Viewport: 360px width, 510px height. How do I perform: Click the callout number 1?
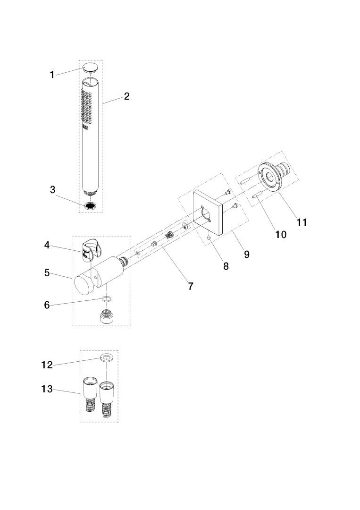point(52,74)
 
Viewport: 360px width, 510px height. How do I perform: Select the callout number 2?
point(126,96)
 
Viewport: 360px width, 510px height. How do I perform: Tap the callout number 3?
point(53,189)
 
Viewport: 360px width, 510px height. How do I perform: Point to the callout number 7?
point(190,286)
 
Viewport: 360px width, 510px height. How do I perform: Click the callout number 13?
point(47,390)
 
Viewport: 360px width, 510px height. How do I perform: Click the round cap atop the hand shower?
point(92,67)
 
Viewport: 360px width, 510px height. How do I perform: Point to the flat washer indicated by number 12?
point(107,357)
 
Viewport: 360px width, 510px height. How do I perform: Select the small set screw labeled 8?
point(208,238)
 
